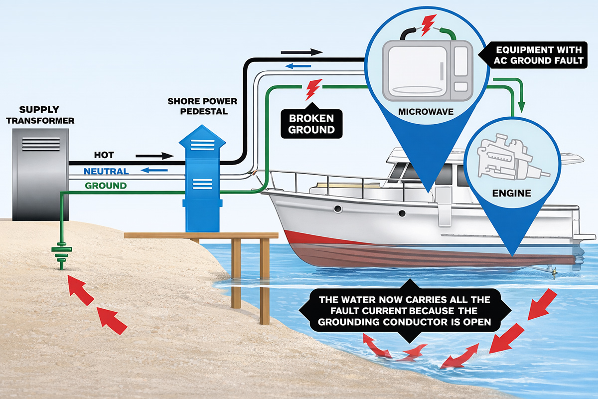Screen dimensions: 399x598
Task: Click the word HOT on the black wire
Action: click(x=104, y=155)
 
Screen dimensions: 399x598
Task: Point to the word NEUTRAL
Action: click(x=106, y=171)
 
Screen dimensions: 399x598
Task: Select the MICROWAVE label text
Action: click(x=426, y=111)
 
